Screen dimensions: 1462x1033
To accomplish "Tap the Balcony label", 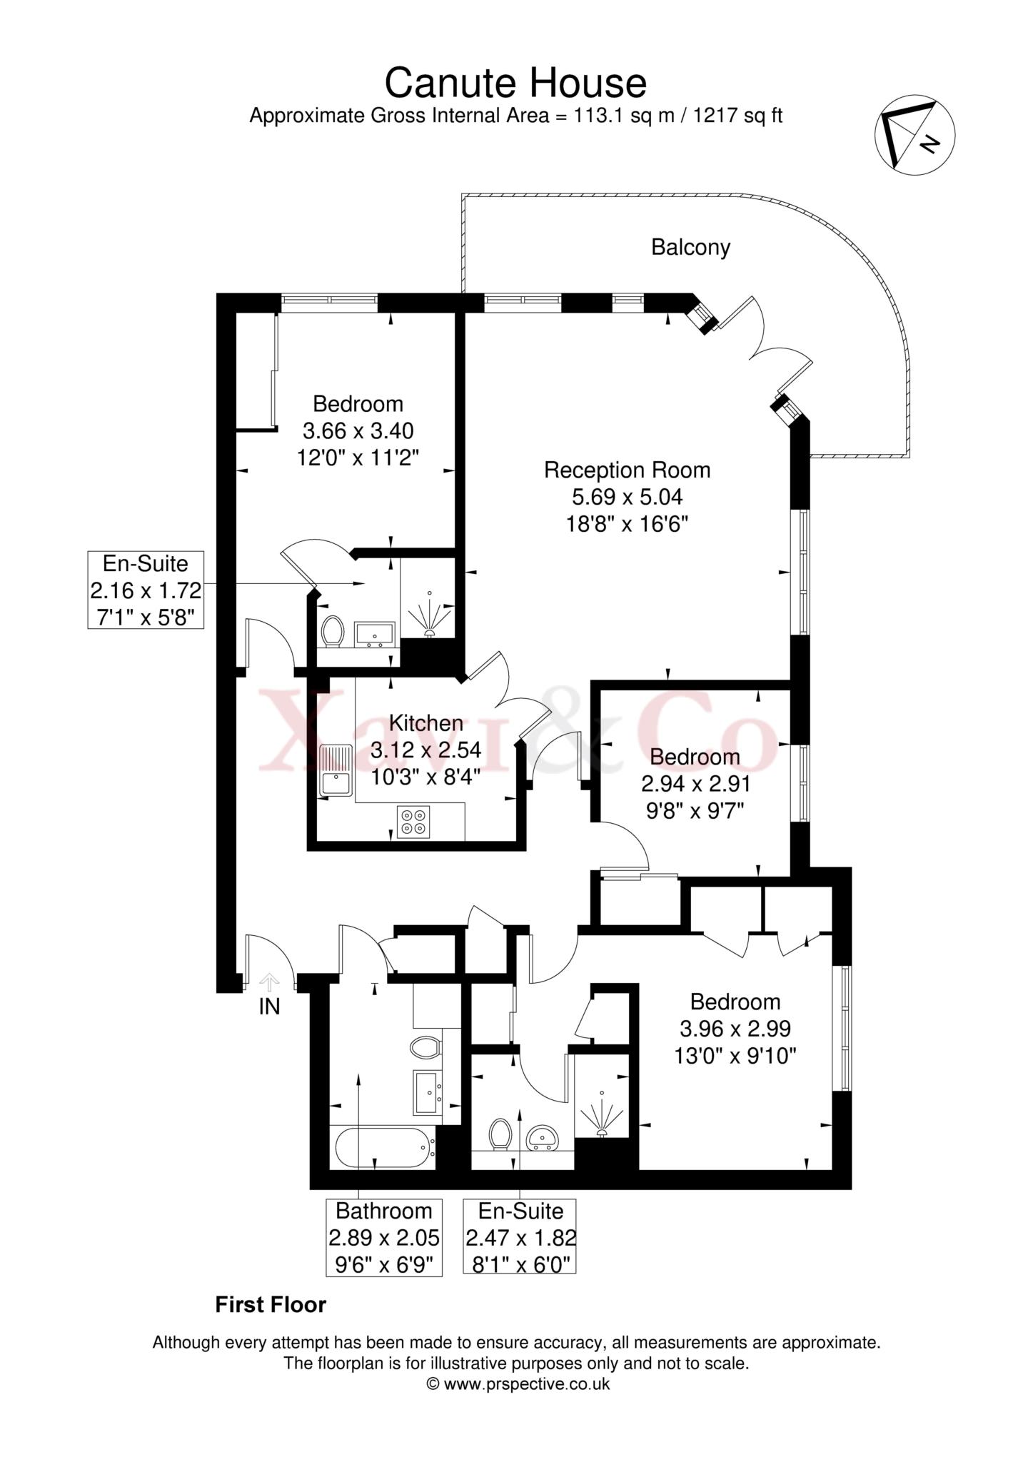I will (x=690, y=248).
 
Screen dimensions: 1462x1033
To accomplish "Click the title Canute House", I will (x=515, y=83).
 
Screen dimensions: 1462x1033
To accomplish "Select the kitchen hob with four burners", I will (x=414, y=821).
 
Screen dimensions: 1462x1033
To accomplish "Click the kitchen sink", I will (x=335, y=771).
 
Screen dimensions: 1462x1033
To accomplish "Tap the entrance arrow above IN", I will (x=269, y=982).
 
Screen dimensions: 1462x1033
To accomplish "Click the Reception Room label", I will (x=627, y=470).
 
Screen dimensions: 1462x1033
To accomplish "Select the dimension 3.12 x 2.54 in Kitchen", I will (x=425, y=750).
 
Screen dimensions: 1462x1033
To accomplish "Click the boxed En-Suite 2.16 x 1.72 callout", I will (x=146, y=590).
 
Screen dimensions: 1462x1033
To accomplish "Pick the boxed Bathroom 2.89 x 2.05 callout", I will (x=384, y=1237).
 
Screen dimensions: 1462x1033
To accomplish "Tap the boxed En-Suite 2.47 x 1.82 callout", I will (x=520, y=1237).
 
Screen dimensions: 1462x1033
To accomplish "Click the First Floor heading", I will (x=271, y=1305).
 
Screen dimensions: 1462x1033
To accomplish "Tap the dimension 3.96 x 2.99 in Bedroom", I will (x=735, y=1029).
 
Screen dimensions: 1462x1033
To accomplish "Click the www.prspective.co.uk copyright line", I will (x=518, y=1384).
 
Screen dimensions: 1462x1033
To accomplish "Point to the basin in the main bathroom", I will (x=428, y=1092).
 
